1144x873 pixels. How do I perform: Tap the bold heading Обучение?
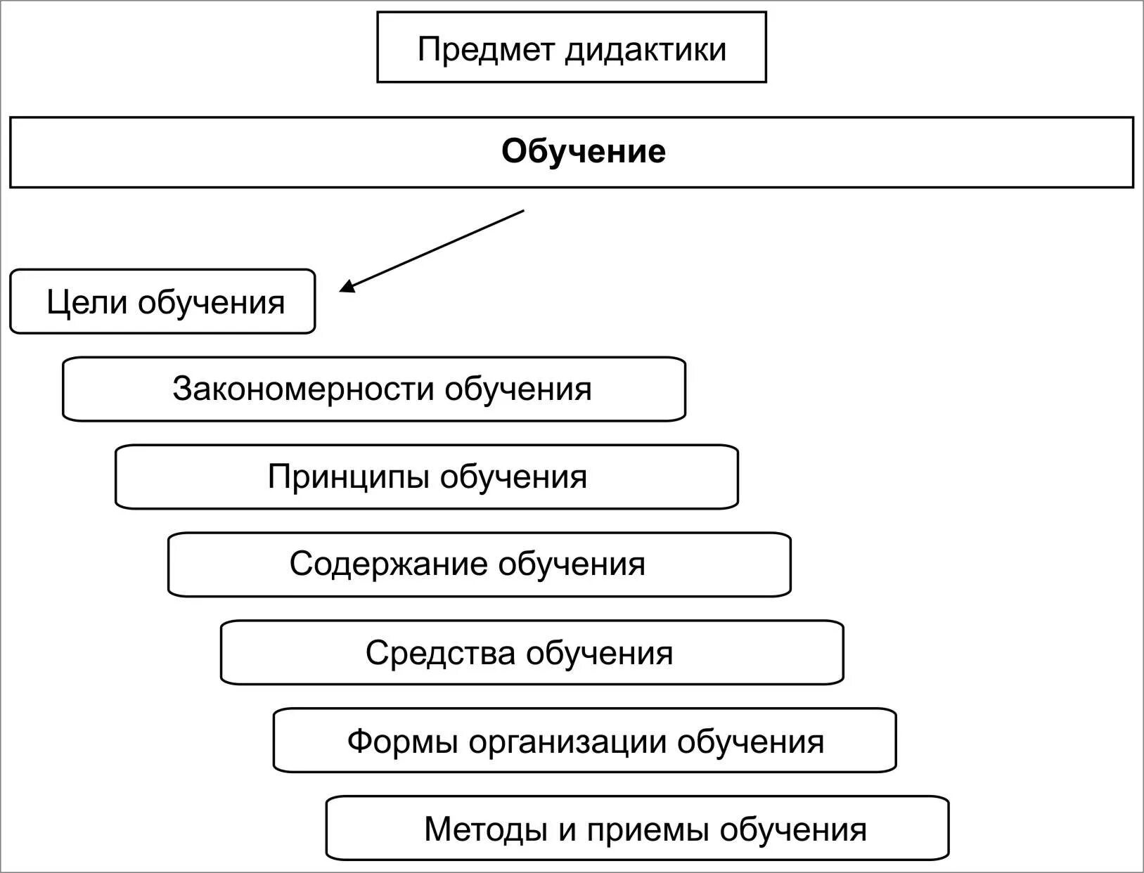[x=583, y=152]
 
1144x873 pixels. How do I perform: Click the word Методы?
[x=486, y=829]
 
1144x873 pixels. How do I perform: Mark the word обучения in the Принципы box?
[x=513, y=477]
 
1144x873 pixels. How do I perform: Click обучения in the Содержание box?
[x=572, y=564]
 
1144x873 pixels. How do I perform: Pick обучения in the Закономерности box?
[x=518, y=389]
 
